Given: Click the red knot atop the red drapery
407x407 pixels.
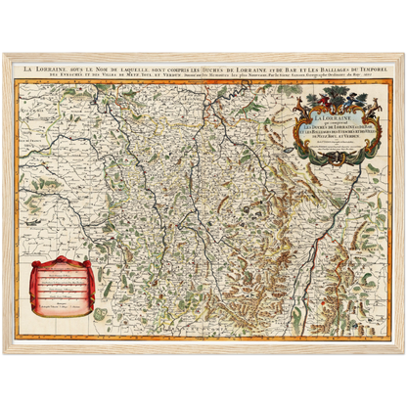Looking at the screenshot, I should pos(63,260).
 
